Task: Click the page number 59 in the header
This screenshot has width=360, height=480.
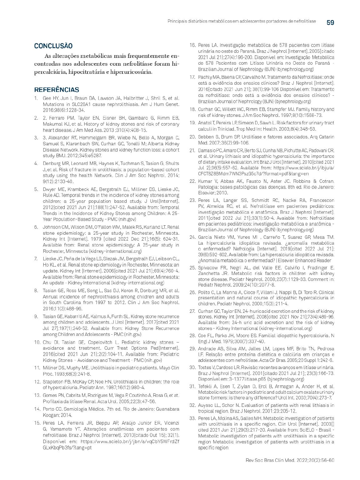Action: (x=330, y=22)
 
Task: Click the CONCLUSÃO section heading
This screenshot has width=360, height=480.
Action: (x=53, y=46)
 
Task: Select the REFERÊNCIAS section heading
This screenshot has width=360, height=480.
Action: (x=57, y=90)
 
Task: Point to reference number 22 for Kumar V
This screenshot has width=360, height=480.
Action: (x=192, y=181)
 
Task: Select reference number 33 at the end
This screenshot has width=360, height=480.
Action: (x=192, y=418)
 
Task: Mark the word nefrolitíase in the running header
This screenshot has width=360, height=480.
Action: (x=304, y=21)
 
